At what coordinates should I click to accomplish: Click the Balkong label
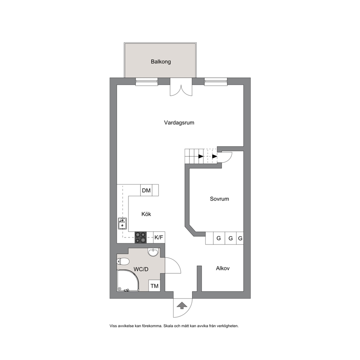[x=161, y=62]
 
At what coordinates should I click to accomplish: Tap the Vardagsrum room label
[x=179, y=123]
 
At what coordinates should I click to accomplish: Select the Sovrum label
[x=219, y=199]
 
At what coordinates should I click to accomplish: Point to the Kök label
[x=146, y=214]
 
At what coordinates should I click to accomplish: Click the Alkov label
[x=223, y=268]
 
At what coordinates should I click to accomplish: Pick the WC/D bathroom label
[x=141, y=269]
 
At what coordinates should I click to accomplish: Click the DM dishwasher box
[x=146, y=190]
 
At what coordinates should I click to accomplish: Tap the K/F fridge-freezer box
[x=159, y=237]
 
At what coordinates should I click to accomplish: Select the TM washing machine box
[x=155, y=286]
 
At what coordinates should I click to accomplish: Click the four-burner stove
[x=140, y=237]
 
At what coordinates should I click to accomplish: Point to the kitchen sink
[x=122, y=224]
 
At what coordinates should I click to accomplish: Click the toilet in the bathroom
[x=123, y=261]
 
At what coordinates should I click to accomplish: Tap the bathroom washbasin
[x=153, y=252]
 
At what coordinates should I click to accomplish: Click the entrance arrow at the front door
[x=182, y=305]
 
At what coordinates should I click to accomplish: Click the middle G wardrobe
[x=230, y=238]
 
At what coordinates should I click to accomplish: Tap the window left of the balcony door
[x=147, y=82]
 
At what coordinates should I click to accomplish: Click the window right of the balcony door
[x=216, y=82]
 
